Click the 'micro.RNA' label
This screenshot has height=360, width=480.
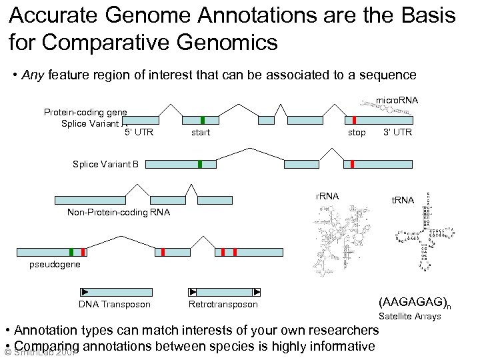click(397, 100)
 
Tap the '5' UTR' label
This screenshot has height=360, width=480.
click(139, 133)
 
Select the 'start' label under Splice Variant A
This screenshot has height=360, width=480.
click(200, 133)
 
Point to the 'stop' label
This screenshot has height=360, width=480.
click(357, 133)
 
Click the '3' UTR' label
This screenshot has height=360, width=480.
click(397, 133)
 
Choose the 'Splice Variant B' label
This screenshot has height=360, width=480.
click(105, 164)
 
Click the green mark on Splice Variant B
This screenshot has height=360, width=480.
click(199, 164)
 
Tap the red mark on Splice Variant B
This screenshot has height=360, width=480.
click(352, 164)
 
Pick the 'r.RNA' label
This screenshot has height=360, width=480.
click(327, 196)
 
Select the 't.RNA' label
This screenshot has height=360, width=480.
click(403, 200)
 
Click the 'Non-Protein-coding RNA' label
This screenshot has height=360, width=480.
click(119, 212)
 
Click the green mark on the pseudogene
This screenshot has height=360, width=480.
click(71, 252)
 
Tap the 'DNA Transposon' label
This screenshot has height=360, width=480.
click(115, 305)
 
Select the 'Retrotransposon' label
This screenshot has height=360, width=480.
click(223, 305)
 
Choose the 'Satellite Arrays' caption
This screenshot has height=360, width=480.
click(409, 316)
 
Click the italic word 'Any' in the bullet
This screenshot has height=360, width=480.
click(33, 75)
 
